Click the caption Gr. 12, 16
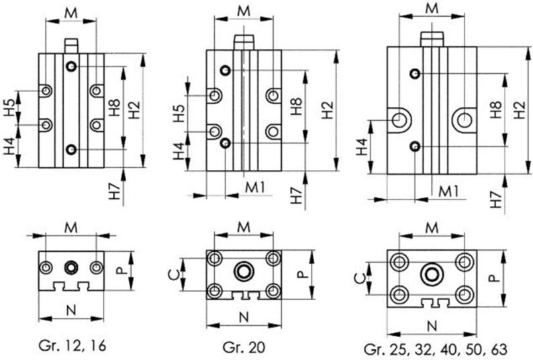point(72,346)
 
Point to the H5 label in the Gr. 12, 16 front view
point(8,107)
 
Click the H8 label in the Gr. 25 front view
point(496,109)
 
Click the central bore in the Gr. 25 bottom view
point(432,275)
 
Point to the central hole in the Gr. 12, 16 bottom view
point(70,267)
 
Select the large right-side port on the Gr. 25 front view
point(463,120)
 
